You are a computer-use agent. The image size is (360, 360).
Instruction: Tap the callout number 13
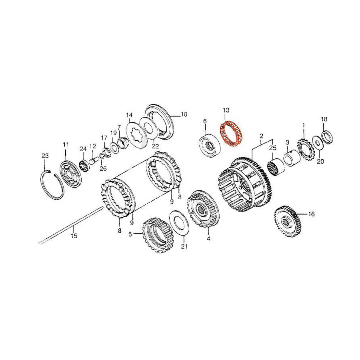(x=226, y=110)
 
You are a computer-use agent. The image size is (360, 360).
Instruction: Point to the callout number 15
(x=74, y=236)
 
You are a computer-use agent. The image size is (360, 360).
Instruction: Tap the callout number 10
(x=184, y=114)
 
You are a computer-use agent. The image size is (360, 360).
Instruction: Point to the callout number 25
(x=273, y=148)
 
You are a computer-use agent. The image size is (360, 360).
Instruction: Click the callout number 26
(x=103, y=169)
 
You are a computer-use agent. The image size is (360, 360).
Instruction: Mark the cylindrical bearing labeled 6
(x=209, y=146)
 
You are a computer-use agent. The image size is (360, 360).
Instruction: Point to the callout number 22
(x=155, y=146)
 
